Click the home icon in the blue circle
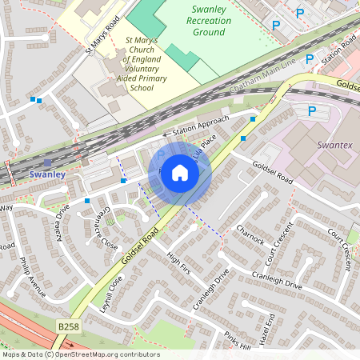[180, 173]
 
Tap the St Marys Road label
[102, 34]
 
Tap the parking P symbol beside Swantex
[312, 111]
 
